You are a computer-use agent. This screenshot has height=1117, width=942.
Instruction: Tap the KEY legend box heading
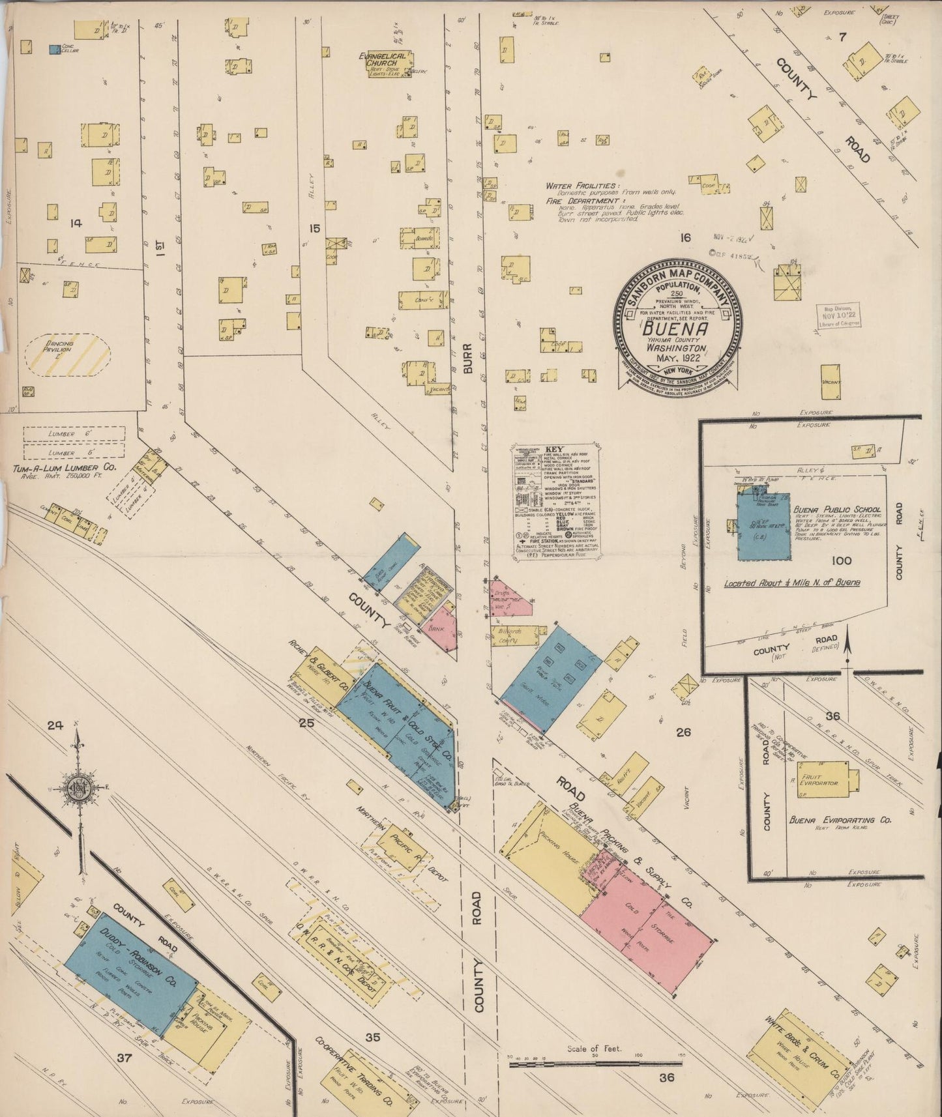click(554, 450)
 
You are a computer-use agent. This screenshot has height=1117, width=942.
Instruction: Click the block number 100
click(842, 560)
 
